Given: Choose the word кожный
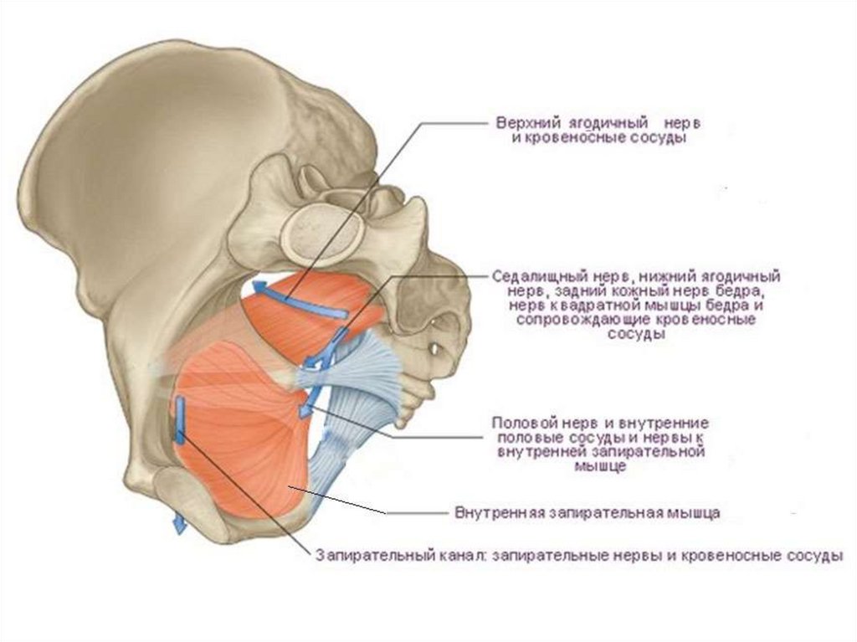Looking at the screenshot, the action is click(632, 290).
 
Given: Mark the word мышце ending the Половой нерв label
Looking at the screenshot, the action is click(603, 467).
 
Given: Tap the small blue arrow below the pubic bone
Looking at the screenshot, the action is click(177, 522).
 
